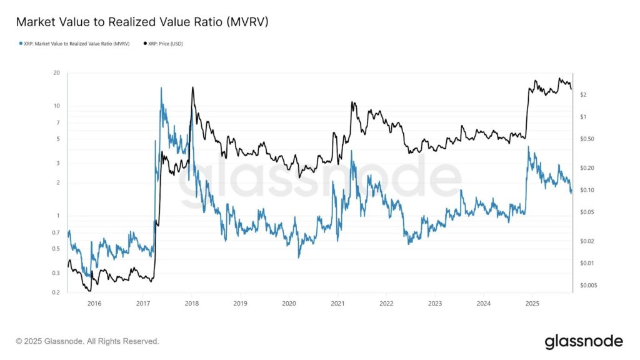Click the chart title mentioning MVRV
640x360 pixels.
click(142, 22)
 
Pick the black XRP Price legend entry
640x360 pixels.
click(164, 44)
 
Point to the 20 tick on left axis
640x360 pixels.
click(56, 73)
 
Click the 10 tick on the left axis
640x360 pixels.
click(56, 106)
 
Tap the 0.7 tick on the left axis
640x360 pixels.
click(56, 232)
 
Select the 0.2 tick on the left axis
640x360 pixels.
click(56, 292)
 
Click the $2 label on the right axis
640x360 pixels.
click(583, 94)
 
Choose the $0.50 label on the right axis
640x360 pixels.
click(586, 139)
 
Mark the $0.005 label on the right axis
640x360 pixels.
click(588, 286)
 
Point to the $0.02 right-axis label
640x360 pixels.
click(586, 241)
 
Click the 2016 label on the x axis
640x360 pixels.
click(94, 304)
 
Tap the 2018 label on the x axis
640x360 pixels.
click(192, 304)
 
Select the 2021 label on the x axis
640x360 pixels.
click(338, 304)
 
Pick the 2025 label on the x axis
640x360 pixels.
click(532, 304)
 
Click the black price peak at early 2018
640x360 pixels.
click(192, 87)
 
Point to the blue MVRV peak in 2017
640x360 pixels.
click(161, 88)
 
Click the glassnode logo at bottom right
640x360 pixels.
click(584, 341)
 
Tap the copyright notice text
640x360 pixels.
click(87, 341)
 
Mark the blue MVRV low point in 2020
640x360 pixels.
click(299, 257)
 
